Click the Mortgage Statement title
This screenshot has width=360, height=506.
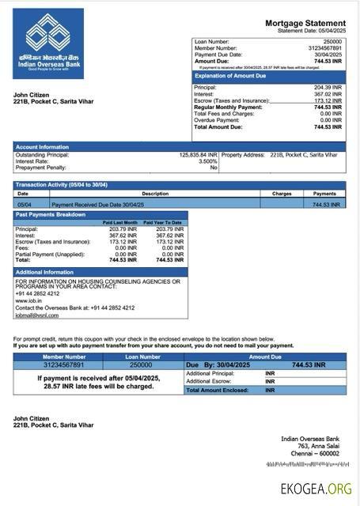305,24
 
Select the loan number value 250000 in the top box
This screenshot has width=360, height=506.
332,40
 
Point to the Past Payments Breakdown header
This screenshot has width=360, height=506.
51,215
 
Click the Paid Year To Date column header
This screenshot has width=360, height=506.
166,223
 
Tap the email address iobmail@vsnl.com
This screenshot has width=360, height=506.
36,314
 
